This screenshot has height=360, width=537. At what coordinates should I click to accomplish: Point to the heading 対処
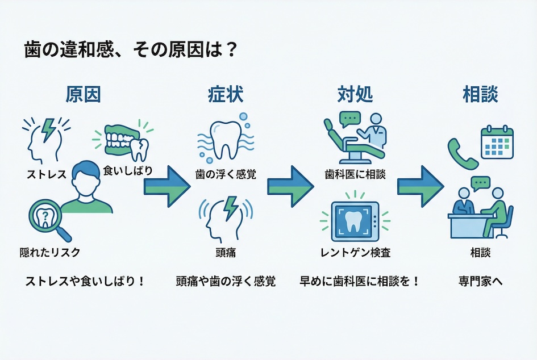tap(356, 94)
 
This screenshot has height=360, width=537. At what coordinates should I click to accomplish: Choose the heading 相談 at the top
tap(480, 94)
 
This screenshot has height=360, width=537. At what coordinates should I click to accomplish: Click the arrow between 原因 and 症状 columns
tap(166, 186)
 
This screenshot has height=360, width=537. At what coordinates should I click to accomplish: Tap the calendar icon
tap(497, 143)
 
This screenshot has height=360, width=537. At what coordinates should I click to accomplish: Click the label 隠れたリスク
tap(49, 252)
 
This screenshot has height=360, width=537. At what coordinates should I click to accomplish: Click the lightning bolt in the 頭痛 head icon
tap(231, 208)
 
